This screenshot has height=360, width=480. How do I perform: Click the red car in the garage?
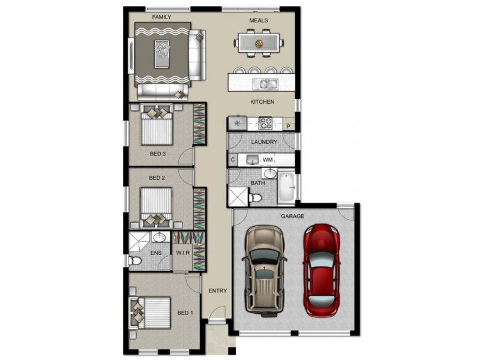click(x=322, y=271)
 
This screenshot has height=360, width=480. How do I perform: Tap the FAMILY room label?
click(x=161, y=17)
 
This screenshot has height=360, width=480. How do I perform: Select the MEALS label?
click(x=259, y=20)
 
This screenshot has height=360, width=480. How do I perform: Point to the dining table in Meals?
click(x=259, y=43)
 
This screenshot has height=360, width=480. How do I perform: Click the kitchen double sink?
click(x=265, y=84)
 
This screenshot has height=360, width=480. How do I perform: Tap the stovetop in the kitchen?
click(x=265, y=123)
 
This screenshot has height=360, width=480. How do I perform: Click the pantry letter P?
click(x=289, y=126)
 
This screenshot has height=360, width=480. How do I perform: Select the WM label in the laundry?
click(x=268, y=160)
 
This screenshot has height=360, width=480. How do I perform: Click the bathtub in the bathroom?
click(x=287, y=187)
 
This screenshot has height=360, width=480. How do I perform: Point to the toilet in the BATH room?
click(x=256, y=198)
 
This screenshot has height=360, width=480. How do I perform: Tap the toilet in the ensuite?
click(x=136, y=261)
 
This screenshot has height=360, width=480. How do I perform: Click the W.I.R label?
click(x=183, y=253)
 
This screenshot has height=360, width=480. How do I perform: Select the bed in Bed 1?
click(x=151, y=313)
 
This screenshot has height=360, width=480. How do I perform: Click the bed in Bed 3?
click(x=157, y=124)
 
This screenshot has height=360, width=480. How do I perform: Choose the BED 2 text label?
click(x=157, y=178)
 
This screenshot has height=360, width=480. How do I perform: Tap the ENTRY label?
click(x=218, y=290)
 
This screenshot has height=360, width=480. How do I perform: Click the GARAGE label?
click(x=293, y=216)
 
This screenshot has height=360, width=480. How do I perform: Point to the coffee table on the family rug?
click(x=162, y=54)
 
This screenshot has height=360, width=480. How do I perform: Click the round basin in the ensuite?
click(x=159, y=236)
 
